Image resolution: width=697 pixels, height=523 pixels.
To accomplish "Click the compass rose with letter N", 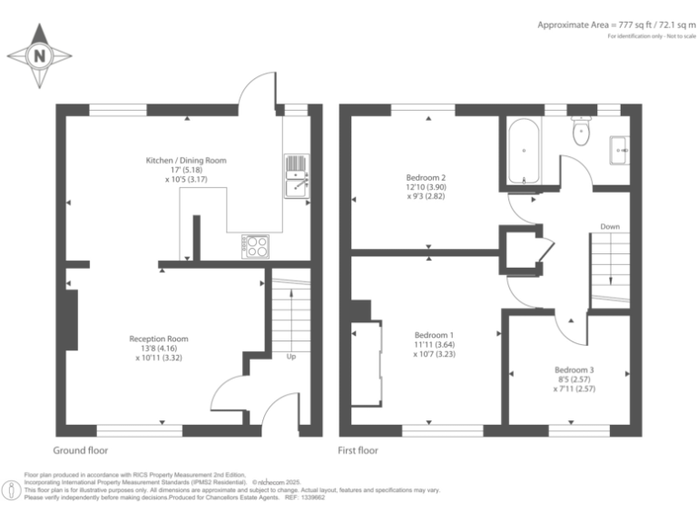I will [39, 54].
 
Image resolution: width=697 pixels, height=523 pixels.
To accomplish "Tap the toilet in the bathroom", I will [581, 133].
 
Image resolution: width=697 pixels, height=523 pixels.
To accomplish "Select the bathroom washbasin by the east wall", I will [622, 148].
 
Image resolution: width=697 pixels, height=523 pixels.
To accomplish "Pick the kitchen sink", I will [296, 175].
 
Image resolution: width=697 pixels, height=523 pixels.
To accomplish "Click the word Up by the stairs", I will [290, 356].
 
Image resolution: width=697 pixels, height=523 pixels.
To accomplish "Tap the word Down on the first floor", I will [610, 226].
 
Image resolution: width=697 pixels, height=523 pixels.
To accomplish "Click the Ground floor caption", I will [81, 449].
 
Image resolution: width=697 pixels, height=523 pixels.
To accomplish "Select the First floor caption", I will [358, 449].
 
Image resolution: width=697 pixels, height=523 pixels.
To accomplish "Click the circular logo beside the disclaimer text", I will [12, 490].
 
